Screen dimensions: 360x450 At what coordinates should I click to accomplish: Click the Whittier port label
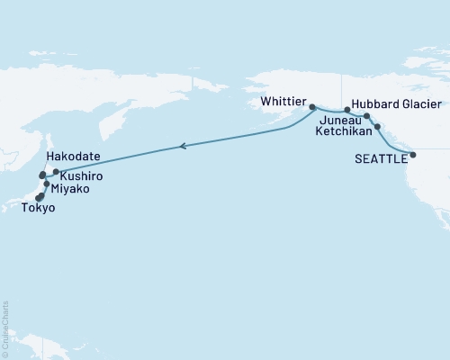pos(283,103)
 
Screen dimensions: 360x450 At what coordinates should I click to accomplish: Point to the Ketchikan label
pos(344,131)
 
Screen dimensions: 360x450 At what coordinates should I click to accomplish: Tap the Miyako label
pos(70,190)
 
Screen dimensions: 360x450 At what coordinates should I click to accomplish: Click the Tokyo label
pos(39,208)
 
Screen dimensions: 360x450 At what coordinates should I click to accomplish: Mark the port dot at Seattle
pos(413,156)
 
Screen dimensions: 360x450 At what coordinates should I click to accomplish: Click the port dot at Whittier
pos(312,107)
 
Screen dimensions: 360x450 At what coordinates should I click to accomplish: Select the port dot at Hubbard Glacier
pos(347,110)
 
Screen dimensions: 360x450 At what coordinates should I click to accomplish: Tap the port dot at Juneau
pos(366,116)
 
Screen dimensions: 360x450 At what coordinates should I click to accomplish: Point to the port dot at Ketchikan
pos(377,127)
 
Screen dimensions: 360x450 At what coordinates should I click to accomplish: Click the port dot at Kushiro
pos(56,171)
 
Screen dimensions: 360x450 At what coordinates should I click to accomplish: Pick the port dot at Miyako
pos(47,184)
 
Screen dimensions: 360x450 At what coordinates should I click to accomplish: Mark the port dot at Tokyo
pos(40,196)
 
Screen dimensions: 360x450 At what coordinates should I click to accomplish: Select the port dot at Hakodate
pos(42,175)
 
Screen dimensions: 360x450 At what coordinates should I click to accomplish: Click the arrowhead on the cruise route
pos(183,145)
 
